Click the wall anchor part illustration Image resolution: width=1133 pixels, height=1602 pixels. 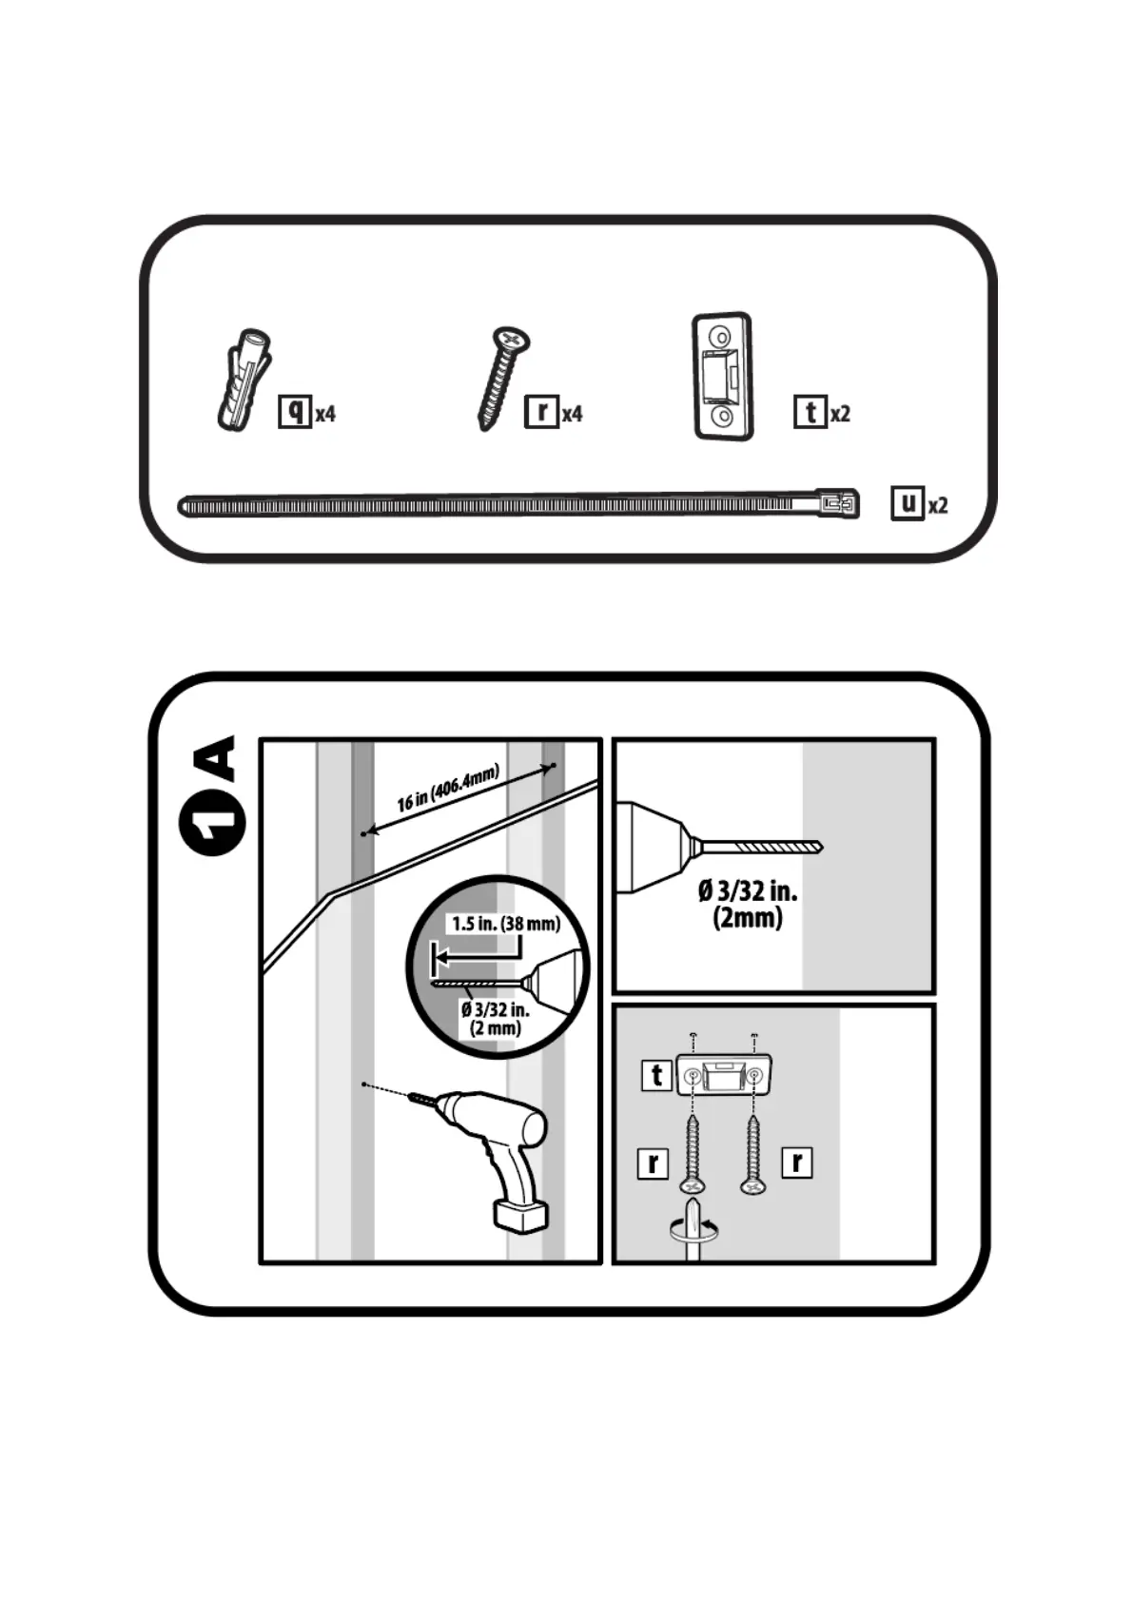(x=244, y=381)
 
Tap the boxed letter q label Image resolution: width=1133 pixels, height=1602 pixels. (x=295, y=411)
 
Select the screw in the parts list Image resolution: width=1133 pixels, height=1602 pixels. (x=502, y=378)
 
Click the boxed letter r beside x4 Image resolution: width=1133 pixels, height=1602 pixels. (x=541, y=411)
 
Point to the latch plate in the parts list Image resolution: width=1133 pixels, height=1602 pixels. (x=723, y=376)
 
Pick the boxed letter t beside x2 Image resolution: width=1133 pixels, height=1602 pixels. (x=810, y=411)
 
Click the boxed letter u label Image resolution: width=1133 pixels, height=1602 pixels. (x=908, y=502)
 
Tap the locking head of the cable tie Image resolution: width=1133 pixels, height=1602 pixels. (x=838, y=503)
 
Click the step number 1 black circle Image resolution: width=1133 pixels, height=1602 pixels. (x=212, y=822)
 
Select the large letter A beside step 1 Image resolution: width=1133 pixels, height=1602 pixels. (x=213, y=757)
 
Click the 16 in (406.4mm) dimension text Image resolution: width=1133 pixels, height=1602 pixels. (x=447, y=789)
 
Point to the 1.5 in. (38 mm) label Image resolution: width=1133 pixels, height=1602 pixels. (x=505, y=924)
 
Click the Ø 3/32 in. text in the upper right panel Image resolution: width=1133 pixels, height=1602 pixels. (x=748, y=891)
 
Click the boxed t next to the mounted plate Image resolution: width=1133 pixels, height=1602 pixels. (x=656, y=1075)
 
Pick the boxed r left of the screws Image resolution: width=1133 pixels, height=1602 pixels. (x=653, y=1162)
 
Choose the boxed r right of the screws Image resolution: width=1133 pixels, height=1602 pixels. (x=797, y=1162)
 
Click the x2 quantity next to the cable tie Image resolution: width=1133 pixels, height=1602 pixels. (x=938, y=505)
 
